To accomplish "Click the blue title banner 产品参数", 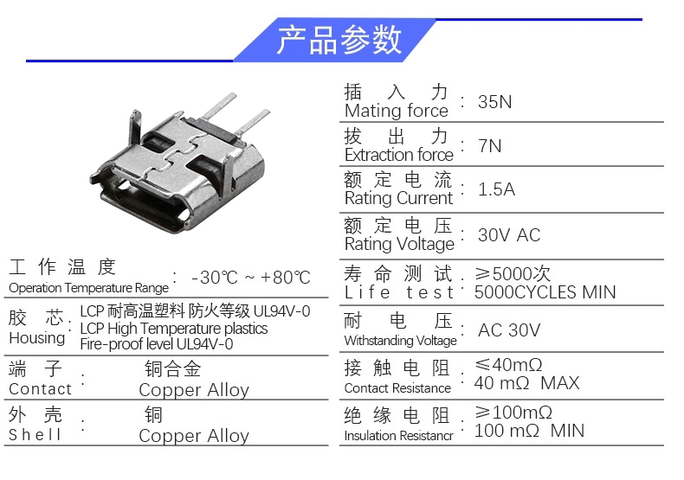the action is click(x=335, y=40).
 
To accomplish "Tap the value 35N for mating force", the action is click(x=494, y=102).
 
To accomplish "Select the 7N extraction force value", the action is click(x=489, y=146).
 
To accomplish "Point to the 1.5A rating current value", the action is click(x=496, y=189).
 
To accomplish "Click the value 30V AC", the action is click(x=509, y=235).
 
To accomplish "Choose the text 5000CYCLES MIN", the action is click(x=545, y=292).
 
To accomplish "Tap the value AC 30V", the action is click(x=509, y=330).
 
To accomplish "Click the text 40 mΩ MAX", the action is click(x=526, y=383).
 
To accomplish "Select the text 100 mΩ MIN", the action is click(x=529, y=431).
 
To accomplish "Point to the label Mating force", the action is click(x=396, y=111).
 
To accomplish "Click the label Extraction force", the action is click(x=398, y=155).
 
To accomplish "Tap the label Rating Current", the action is click(x=398, y=198).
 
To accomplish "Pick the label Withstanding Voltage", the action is click(x=401, y=341).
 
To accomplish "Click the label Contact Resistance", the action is click(x=397, y=388).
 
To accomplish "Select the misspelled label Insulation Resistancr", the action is click(x=398, y=436).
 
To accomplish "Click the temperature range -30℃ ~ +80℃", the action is click(x=251, y=278).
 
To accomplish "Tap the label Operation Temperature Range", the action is click(x=88, y=288).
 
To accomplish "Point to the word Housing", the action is click(x=36, y=338).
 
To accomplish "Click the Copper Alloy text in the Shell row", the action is click(x=194, y=436).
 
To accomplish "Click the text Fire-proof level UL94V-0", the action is click(x=156, y=344).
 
